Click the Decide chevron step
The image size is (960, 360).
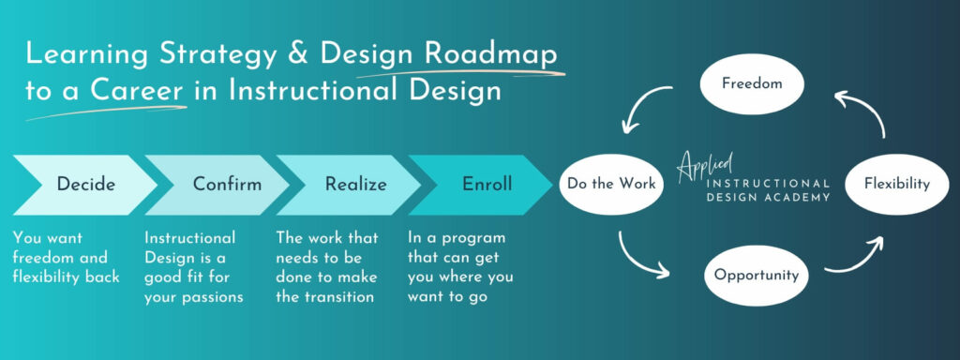point(84,185)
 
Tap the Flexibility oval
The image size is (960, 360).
point(896,184)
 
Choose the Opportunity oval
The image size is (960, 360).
point(756,276)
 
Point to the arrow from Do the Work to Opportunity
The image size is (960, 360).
point(641,259)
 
